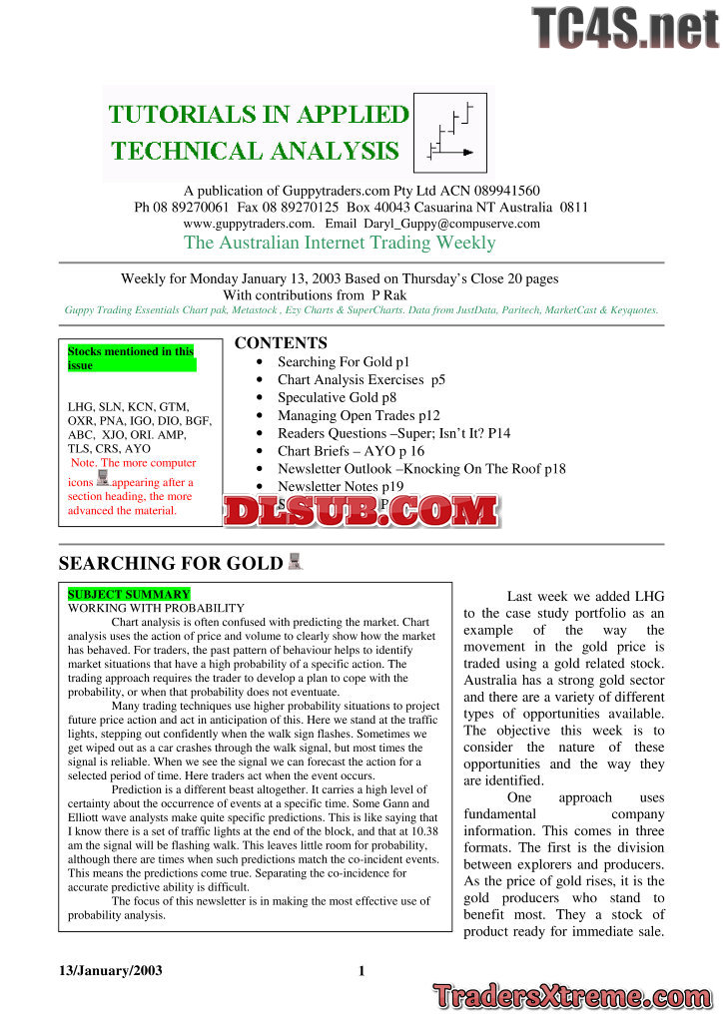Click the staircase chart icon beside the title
point(450,131)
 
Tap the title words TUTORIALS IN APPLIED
point(259,114)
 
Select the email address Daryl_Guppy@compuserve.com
point(455,224)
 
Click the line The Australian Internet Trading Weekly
point(340,243)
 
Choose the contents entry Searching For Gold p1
point(344,362)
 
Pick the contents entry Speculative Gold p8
point(338,397)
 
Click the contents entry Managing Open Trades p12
point(359,415)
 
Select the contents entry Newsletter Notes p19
point(341,487)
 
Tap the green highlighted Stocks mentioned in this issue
point(131,358)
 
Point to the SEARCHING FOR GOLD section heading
point(171,563)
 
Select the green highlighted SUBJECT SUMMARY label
point(129,594)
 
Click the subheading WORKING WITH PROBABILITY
point(156,608)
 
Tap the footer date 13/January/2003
point(109,971)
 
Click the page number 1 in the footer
point(361,971)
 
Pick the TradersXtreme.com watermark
point(573,996)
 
